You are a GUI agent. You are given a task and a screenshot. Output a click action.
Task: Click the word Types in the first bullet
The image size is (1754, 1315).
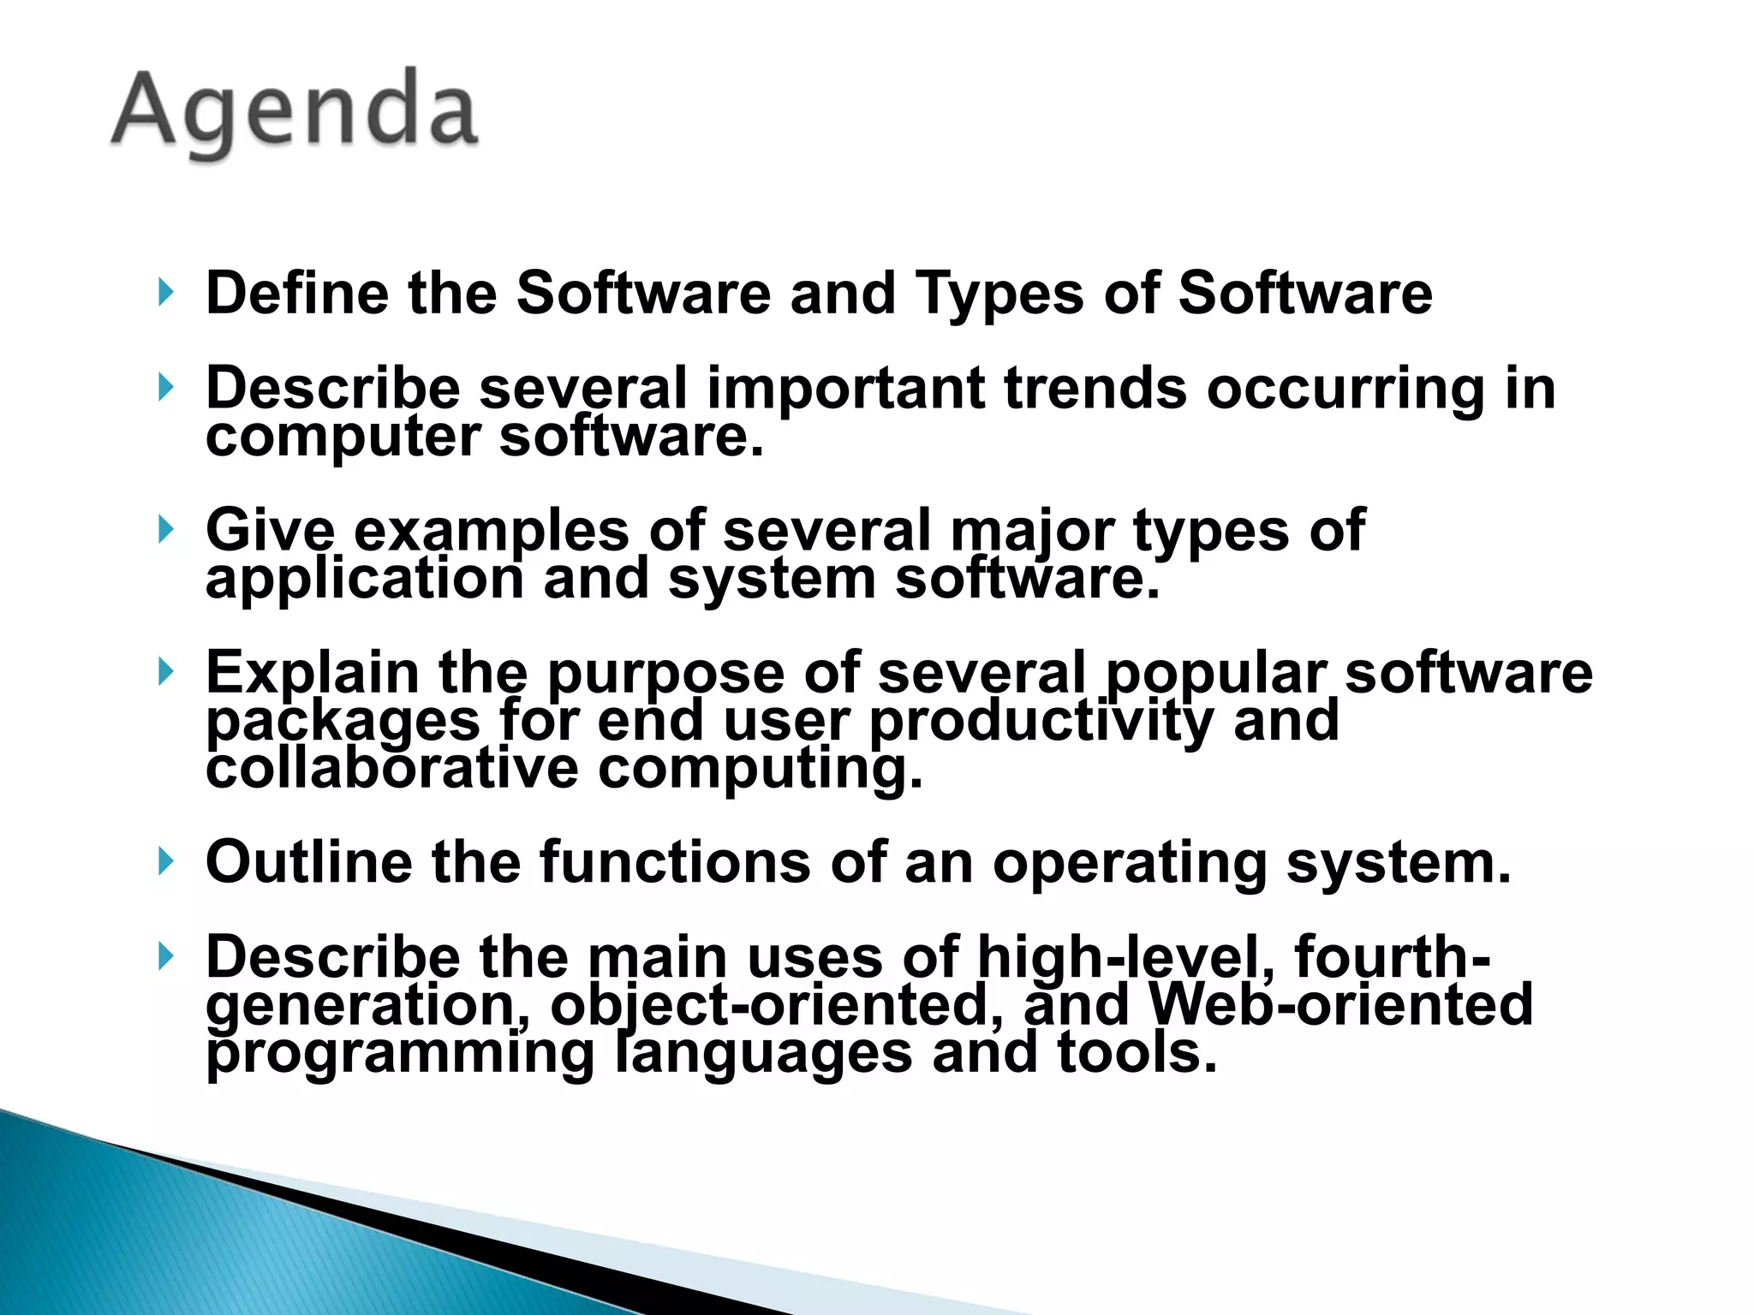click(999, 294)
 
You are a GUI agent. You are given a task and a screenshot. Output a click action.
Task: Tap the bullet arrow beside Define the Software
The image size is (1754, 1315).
click(166, 294)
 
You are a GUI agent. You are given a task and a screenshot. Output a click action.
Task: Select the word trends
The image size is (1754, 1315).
click(1095, 388)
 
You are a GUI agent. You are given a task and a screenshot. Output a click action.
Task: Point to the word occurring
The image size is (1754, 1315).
click(1345, 388)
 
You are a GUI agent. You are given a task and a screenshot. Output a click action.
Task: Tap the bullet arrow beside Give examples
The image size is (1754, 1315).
click(166, 530)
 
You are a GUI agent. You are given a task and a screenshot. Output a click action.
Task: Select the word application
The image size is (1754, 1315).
click(364, 579)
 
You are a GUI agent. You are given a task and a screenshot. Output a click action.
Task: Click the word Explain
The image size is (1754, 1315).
click(313, 673)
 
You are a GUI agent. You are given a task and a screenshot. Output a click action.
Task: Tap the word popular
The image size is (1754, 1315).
click(1216, 673)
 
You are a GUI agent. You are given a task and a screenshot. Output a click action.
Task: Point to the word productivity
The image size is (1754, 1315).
click(1041, 721)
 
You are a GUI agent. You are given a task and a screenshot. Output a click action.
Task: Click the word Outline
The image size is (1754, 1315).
click(308, 862)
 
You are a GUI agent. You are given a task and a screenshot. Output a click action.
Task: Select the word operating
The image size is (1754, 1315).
click(1130, 863)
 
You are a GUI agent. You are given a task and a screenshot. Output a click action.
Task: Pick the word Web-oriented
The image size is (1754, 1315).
click(1340, 1004)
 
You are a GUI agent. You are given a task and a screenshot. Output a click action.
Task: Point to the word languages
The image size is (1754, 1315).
click(764, 1053)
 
